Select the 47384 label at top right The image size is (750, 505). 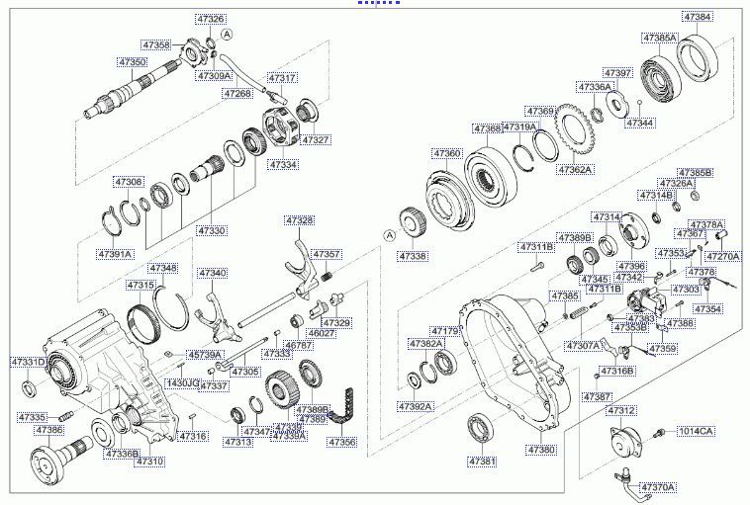pyautogui.click(x=697, y=17)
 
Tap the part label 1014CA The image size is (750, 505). pyautogui.click(x=695, y=431)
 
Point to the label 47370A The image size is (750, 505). pyautogui.click(x=656, y=487)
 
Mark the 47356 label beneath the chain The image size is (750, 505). pyautogui.click(x=341, y=442)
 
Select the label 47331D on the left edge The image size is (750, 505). pyautogui.click(x=27, y=363)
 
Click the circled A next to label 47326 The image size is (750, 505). pyautogui.click(x=227, y=34)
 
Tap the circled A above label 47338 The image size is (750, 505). pyautogui.click(x=390, y=234)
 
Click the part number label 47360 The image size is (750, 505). pyautogui.click(x=446, y=154)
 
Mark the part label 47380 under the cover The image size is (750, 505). pyautogui.click(x=541, y=449)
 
